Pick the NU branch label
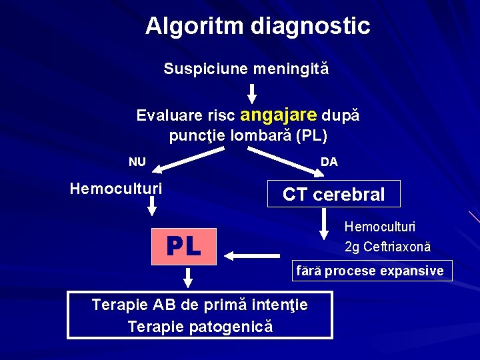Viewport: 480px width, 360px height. [x=137, y=162]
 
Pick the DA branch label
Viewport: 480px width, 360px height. [x=329, y=162]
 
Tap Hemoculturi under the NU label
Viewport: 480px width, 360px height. [x=116, y=189]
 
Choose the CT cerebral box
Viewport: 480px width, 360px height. [x=333, y=194]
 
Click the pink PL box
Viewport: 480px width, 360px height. [x=185, y=246]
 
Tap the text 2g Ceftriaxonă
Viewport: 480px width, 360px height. [x=387, y=247]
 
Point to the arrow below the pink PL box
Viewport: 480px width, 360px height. [x=187, y=275]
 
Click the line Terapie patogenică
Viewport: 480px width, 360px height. [x=200, y=327]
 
